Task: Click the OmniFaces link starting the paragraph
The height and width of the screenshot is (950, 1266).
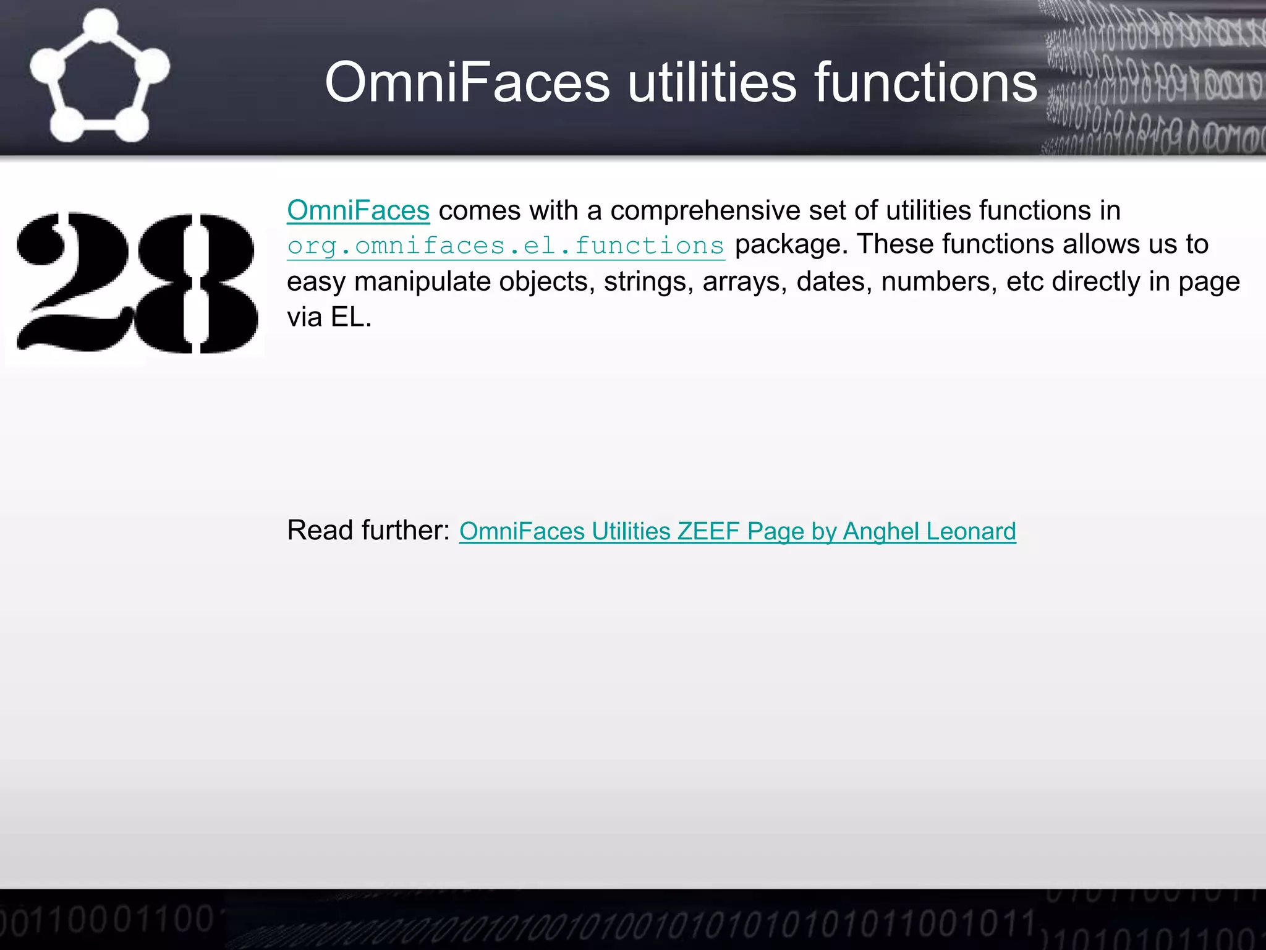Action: (358, 210)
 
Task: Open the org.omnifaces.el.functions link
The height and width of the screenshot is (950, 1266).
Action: (506, 246)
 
